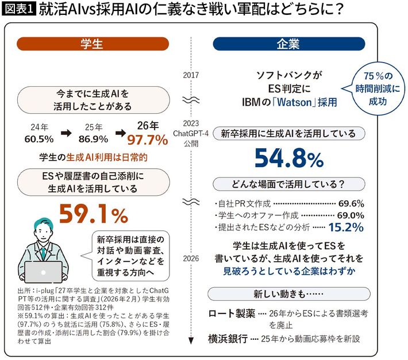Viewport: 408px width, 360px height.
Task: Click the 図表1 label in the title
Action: coord(19,10)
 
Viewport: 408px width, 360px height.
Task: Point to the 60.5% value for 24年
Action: coord(39,139)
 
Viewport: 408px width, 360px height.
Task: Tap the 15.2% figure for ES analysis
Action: coord(346,227)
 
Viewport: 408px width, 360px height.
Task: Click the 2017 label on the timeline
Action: coord(190,75)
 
